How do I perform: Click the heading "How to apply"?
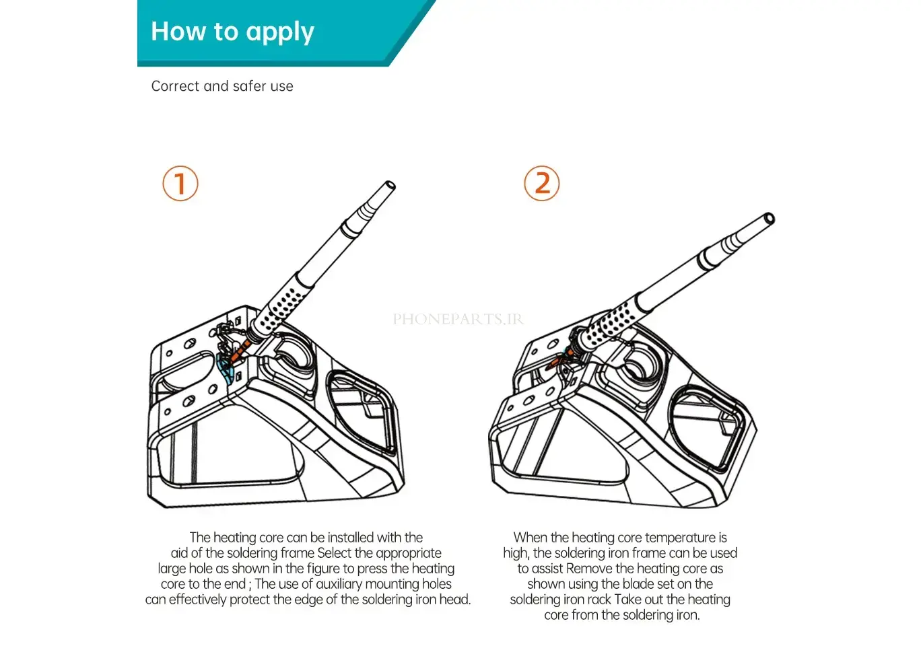tap(232, 32)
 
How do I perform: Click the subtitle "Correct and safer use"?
tap(222, 86)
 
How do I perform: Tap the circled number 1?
tap(180, 184)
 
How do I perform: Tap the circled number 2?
tap(542, 184)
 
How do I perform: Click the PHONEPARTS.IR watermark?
tap(458, 319)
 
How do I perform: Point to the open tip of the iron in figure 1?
tap(389, 186)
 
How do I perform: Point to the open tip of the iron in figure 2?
tap(769, 219)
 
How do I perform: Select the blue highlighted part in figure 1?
tap(226, 369)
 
